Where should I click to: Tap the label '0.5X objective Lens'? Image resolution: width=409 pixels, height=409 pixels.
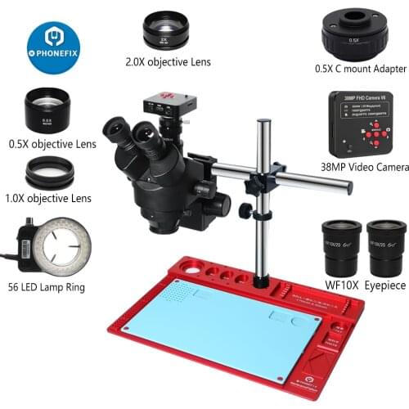tap(47, 143)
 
